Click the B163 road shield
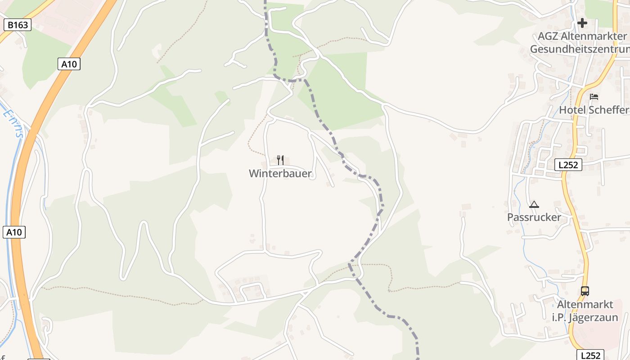(x=18, y=25)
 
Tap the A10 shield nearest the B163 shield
(x=69, y=64)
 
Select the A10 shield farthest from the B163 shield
(x=14, y=232)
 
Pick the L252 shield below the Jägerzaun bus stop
(x=590, y=355)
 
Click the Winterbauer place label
(x=280, y=174)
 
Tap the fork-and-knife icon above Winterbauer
(x=280, y=160)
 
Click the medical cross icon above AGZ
(x=582, y=23)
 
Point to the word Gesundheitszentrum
(x=580, y=49)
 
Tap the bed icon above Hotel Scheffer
(x=594, y=96)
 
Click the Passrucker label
(x=534, y=217)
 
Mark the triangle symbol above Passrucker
(x=534, y=204)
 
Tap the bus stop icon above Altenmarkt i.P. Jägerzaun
(x=585, y=291)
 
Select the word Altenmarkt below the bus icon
(x=585, y=305)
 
